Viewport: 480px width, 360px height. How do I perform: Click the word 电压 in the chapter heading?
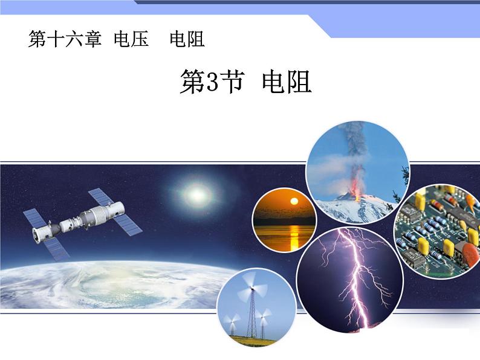(x=131, y=40)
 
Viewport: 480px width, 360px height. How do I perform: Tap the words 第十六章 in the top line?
(x=65, y=40)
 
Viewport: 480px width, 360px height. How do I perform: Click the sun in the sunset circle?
(x=294, y=201)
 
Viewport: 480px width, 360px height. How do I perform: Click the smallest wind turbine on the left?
(x=230, y=321)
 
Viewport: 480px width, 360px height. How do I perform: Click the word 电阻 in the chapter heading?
(x=187, y=40)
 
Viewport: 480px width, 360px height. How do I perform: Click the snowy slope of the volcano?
(x=339, y=208)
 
